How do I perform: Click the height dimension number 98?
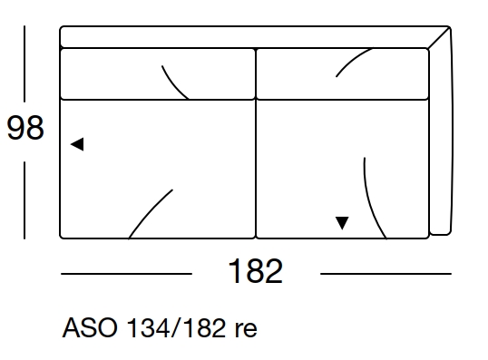24,129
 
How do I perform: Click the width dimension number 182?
256,271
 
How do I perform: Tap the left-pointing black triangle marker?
78,144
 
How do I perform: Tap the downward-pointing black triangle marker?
342,222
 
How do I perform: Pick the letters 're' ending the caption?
246,328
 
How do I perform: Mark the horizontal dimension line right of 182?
386,273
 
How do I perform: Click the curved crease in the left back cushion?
175,82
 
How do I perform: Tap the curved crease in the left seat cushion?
150,212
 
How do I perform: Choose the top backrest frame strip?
245,36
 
